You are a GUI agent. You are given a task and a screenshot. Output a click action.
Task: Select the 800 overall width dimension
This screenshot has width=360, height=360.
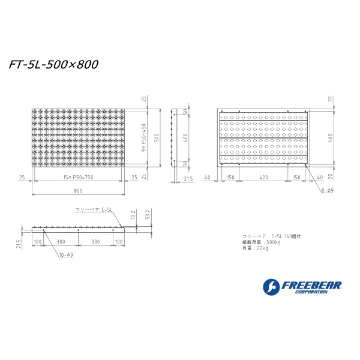pos(78,191)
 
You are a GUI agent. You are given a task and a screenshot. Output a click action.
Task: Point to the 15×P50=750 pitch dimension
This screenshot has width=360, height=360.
pos(78,177)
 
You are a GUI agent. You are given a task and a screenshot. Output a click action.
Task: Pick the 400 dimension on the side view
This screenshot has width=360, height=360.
pos(185,138)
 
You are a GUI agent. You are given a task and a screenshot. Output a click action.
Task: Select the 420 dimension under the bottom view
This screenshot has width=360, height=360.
pos(263,177)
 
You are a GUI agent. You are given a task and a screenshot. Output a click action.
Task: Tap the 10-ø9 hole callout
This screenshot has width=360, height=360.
pos(66,255)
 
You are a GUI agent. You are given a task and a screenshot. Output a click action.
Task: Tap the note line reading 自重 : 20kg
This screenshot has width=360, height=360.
pos(255,247)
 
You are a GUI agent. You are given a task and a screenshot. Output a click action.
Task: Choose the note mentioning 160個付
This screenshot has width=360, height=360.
pos(267,236)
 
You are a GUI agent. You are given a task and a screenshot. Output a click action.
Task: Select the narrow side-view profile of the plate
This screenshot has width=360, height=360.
pos(174,138)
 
